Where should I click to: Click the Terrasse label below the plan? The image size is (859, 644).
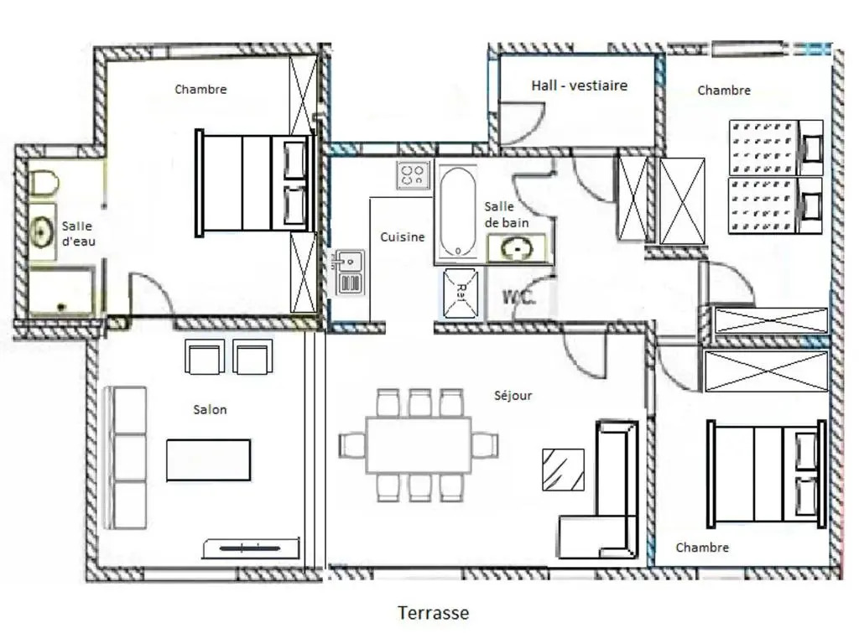pyautogui.click(x=434, y=613)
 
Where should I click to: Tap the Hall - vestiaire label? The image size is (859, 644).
pyautogui.click(x=579, y=86)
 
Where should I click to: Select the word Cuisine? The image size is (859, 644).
pyautogui.click(x=403, y=237)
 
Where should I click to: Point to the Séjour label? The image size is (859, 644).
pyautogui.click(x=513, y=396)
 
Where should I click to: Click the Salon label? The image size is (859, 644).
pyautogui.click(x=210, y=409)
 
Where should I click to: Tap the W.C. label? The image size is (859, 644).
pyautogui.click(x=518, y=298)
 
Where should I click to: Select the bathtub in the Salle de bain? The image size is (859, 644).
pyautogui.click(x=458, y=212)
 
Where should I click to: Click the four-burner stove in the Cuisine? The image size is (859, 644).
pyautogui.click(x=413, y=175)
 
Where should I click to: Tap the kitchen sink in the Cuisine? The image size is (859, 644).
pyautogui.click(x=348, y=272)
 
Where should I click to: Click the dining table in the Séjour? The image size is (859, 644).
pyautogui.click(x=419, y=445)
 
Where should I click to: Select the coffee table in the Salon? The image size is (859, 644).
pyautogui.click(x=208, y=460)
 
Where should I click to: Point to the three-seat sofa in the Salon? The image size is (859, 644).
pyautogui.click(x=125, y=458)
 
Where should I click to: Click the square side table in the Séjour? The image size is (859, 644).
pyautogui.click(x=563, y=470)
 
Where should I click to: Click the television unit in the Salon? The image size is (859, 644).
pyautogui.click(x=251, y=548)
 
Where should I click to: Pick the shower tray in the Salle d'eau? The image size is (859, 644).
pyautogui.click(x=60, y=291)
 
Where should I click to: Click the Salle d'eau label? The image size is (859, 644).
pyautogui.click(x=78, y=234)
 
